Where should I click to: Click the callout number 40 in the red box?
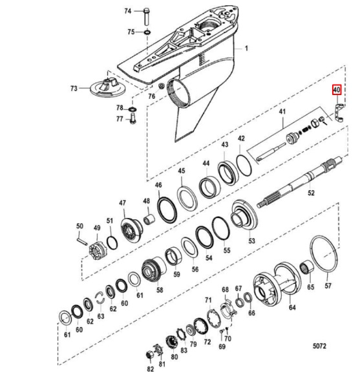click(336, 90)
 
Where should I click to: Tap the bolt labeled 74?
click(146, 17)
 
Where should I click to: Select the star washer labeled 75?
click(147, 32)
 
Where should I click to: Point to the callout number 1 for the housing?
click(246, 48)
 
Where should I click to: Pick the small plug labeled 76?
click(162, 85)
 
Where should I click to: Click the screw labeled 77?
click(132, 118)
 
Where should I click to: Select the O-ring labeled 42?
click(244, 166)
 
